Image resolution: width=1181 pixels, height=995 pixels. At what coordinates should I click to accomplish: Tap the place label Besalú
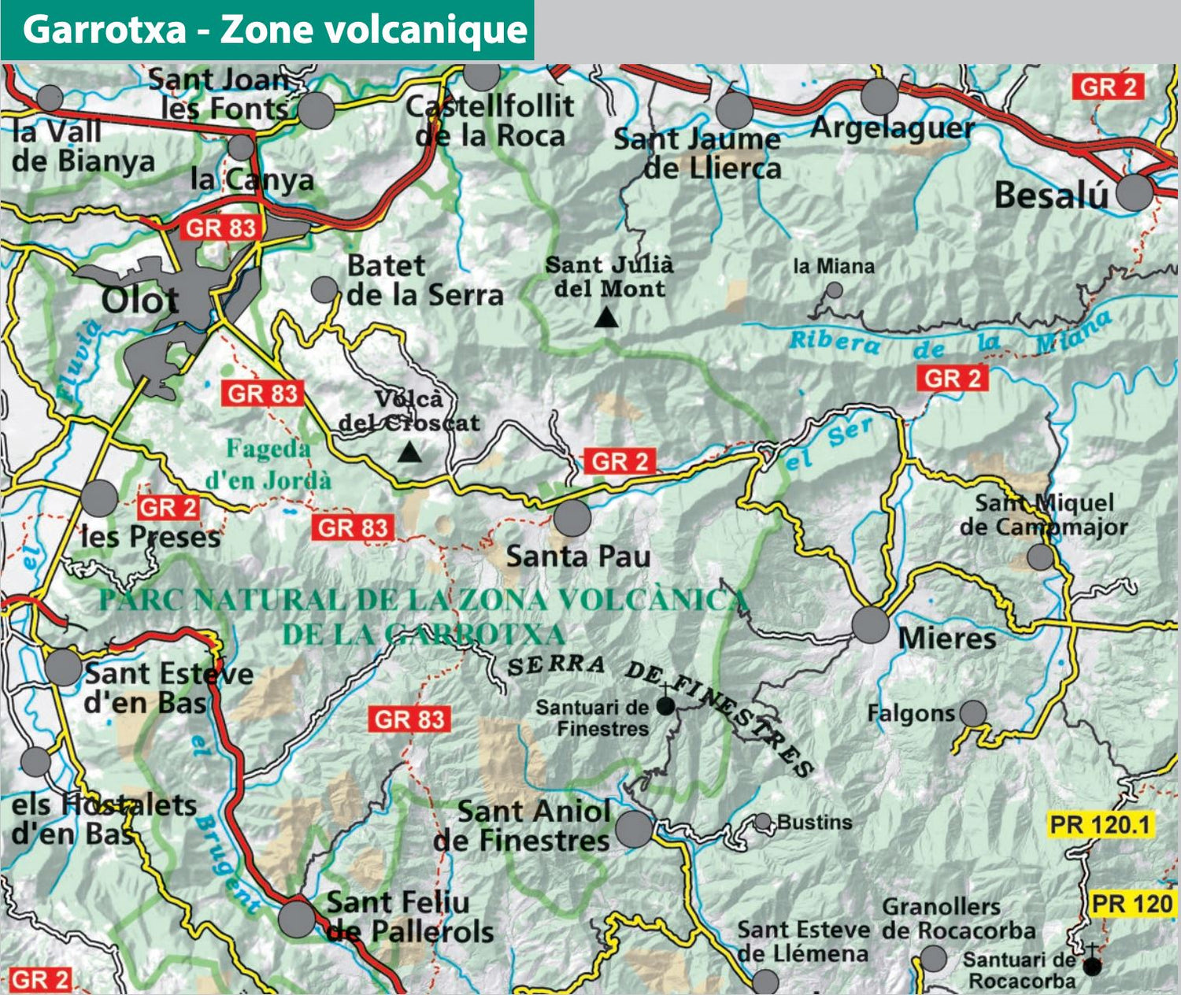[1051, 195]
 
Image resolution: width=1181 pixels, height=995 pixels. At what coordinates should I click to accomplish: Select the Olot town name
[140, 300]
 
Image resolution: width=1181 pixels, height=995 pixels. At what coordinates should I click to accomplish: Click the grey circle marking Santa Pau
[572, 518]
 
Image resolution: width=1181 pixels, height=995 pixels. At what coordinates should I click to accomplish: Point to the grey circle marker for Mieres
[871, 625]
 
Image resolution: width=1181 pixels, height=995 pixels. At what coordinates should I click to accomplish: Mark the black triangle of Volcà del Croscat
[409, 453]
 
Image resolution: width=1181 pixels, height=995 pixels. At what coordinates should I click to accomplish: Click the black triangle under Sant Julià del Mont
[605, 317]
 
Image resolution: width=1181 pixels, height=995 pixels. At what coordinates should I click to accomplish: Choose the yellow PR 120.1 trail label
[1101, 825]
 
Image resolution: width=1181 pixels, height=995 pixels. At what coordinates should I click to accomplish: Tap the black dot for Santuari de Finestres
[665, 706]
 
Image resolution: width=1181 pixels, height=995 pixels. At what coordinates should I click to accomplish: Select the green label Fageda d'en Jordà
[268, 464]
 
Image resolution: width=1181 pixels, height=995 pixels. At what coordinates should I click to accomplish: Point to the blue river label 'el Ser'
[831, 443]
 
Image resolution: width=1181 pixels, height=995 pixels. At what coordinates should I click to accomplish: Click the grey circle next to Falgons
[973, 713]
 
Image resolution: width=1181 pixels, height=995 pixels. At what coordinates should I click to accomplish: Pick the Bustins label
[814, 823]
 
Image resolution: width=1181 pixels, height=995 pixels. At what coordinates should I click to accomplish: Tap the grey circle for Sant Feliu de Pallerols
[297, 919]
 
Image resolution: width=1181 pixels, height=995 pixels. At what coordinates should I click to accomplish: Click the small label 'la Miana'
[834, 267]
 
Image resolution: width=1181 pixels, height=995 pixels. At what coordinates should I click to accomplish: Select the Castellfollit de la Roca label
[490, 120]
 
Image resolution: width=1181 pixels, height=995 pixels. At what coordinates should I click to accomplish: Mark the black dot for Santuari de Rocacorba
[1093, 966]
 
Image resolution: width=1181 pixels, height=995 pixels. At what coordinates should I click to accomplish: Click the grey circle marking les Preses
[99, 498]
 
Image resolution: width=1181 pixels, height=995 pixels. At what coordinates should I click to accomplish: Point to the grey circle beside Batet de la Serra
[324, 290]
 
